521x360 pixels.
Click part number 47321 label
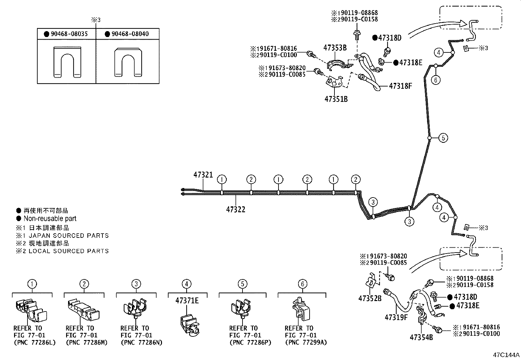[x=203, y=175]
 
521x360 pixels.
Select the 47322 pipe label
[x=236, y=209]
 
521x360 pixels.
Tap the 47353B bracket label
[x=335, y=48]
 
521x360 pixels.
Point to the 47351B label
[x=336, y=99]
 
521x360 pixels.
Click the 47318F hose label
[x=400, y=86]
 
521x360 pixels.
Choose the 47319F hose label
[x=396, y=317]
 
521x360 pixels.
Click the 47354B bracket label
[x=421, y=337]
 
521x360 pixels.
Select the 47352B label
[x=370, y=298]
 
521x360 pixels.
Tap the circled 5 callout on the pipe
[x=443, y=138]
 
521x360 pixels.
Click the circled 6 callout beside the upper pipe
[x=436, y=80]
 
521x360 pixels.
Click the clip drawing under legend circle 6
[x=301, y=310]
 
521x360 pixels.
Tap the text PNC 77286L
[x=35, y=343]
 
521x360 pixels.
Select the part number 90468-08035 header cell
[x=66, y=34]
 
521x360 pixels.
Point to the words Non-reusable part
[x=50, y=218]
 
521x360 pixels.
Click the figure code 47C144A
[x=506, y=355]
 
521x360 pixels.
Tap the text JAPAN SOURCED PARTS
[x=68, y=236]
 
